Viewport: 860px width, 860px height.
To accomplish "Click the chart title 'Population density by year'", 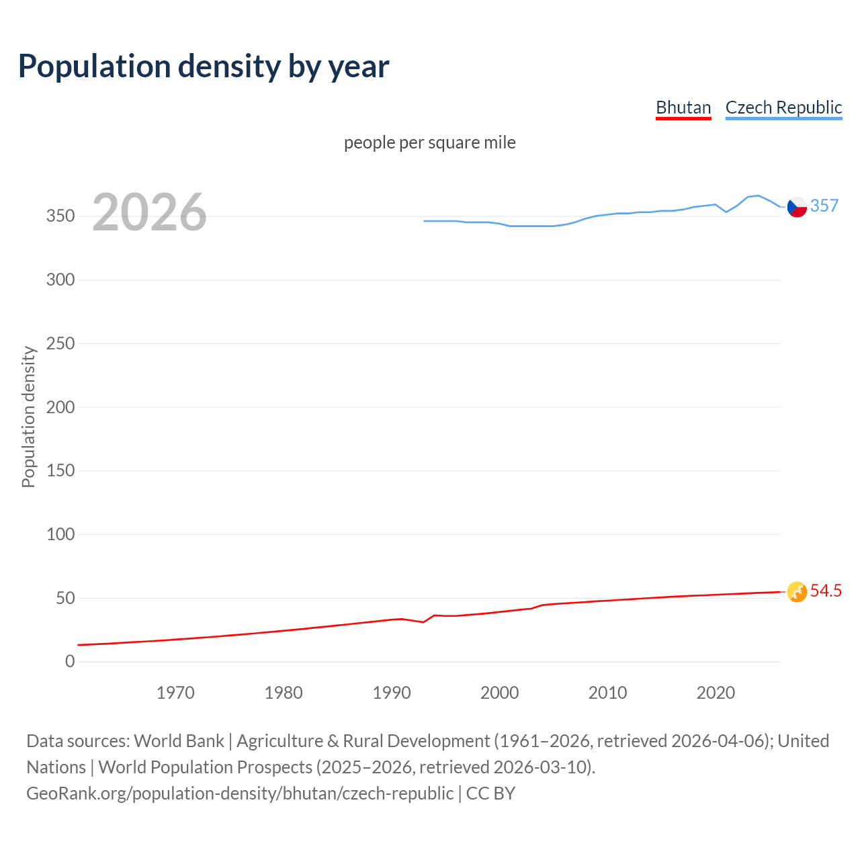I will tap(204, 67).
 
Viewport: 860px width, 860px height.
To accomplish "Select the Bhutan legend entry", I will tap(683, 107).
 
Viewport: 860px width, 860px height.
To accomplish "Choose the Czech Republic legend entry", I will tap(783, 107).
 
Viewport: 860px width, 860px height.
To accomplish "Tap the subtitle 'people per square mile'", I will tap(430, 143).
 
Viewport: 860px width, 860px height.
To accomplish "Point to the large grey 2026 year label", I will tap(149, 212).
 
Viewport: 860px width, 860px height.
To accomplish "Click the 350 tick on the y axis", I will tap(60, 216).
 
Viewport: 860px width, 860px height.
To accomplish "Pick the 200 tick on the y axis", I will tap(60, 407).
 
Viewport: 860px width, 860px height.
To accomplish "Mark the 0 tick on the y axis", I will tap(70, 662).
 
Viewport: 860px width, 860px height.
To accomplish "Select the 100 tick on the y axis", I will tap(60, 535).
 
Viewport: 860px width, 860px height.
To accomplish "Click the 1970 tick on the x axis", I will tap(175, 693).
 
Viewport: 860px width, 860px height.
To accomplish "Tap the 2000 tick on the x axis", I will tap(499, 693).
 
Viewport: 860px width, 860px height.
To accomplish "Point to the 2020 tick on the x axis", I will tap(716, 693).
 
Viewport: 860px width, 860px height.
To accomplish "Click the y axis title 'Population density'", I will tap(28, 417).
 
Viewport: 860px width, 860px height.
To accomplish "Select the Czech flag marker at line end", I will tap(797, 207).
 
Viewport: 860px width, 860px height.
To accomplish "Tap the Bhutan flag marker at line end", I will tap(797, 592).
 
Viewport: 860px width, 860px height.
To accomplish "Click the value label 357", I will tap(824, 206).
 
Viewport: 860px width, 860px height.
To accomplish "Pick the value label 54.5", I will tap(826, 591).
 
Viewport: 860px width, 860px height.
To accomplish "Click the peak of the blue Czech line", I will tap(758, 196).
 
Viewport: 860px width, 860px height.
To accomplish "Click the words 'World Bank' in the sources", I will tap(179, 741).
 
